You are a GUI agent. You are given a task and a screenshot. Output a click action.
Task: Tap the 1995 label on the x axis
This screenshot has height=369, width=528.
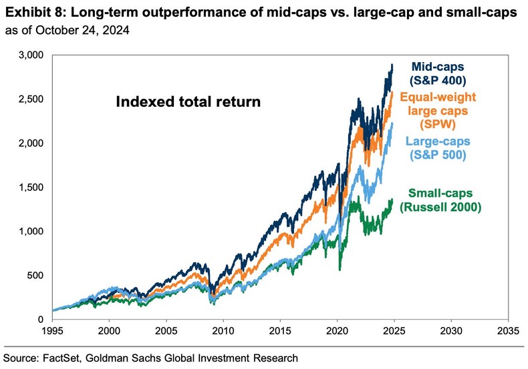[x=52, y=330]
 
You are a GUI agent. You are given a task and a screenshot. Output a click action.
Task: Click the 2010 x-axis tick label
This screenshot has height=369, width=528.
[x=223, y=330]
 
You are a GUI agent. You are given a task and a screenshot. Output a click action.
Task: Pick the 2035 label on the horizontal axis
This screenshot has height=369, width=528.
[x=508, y=330]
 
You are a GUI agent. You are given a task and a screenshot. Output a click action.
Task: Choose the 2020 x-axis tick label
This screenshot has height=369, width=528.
[x=337, y=330]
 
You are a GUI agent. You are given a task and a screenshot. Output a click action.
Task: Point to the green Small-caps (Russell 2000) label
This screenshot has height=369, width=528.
[x=440, y=200]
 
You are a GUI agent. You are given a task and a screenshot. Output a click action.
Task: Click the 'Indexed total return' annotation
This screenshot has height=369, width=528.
[x=188, y=103]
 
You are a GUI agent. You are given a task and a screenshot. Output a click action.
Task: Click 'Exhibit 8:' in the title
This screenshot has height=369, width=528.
[x=29, y=11]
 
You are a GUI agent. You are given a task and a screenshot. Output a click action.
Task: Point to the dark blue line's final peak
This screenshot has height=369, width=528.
[x=392, y=65]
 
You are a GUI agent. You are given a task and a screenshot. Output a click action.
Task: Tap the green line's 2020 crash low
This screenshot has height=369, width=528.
[x=340, y=270]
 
